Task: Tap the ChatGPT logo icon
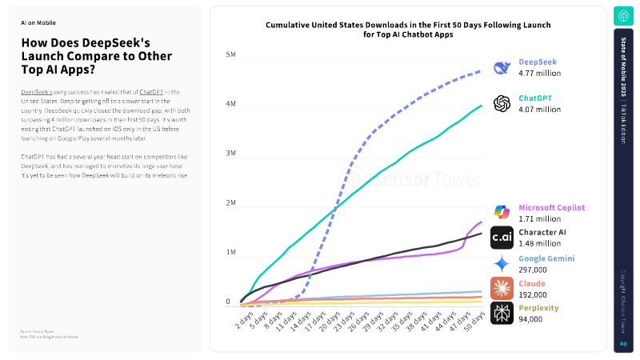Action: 502,104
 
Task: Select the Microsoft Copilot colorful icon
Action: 502,212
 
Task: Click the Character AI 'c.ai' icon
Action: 502,237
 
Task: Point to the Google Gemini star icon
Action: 502,263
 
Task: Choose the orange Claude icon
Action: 502,288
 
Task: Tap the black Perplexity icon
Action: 502,313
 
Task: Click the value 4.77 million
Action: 540,74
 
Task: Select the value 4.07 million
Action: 540,110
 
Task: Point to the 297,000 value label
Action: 534,270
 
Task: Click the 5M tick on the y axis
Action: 230,55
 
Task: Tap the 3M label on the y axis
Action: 230,154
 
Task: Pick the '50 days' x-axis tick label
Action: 474,325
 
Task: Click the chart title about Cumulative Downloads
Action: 408,30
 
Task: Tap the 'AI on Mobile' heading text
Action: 38,23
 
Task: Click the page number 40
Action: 622,344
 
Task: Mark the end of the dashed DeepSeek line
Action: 481,70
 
